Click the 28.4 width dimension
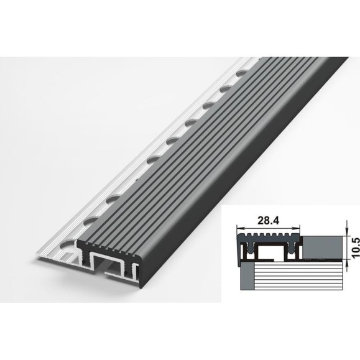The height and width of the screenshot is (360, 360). pos(268,221)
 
